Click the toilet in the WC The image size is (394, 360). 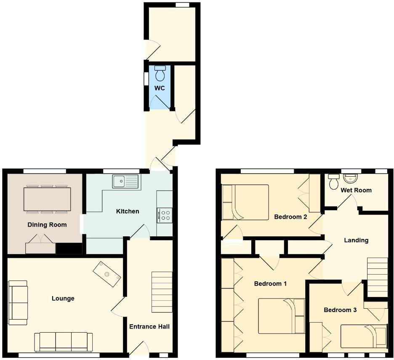[x=160, y=74]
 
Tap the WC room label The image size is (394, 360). [x=159, y=88]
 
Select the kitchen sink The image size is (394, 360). [x=125, y=181]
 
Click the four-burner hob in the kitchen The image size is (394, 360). [x=165, y=215]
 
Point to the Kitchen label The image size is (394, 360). [x=128, y=211]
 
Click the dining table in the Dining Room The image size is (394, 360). [x=47, y=199]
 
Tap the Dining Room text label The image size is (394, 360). [x=47, y=225]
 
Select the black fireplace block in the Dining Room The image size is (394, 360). [x=69, y=249]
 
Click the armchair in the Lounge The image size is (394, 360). [x=18, y=302]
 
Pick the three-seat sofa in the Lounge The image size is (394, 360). [x=64, y=341]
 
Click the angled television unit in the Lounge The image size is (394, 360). [x=107, y=274]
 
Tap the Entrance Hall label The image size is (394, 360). [x=149, y=326]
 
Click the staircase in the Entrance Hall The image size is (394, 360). [x=162, y=292]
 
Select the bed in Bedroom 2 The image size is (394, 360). [x=245, y=202]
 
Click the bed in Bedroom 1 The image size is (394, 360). [x=281, y=315]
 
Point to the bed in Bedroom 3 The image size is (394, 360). [x=364, y=336]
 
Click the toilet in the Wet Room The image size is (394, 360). [x=334, y=181]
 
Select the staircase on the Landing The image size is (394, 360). [x=377, y=278]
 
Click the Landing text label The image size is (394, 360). [x=356, y=241]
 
